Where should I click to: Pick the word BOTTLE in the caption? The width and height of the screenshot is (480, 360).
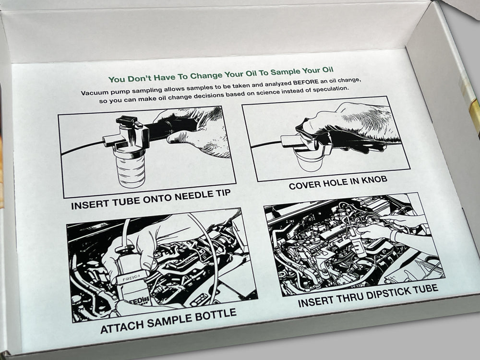pyautogui.click(x=216, y=315)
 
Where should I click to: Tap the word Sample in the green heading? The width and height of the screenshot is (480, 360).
pyautogui.click(x=285, y=72)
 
